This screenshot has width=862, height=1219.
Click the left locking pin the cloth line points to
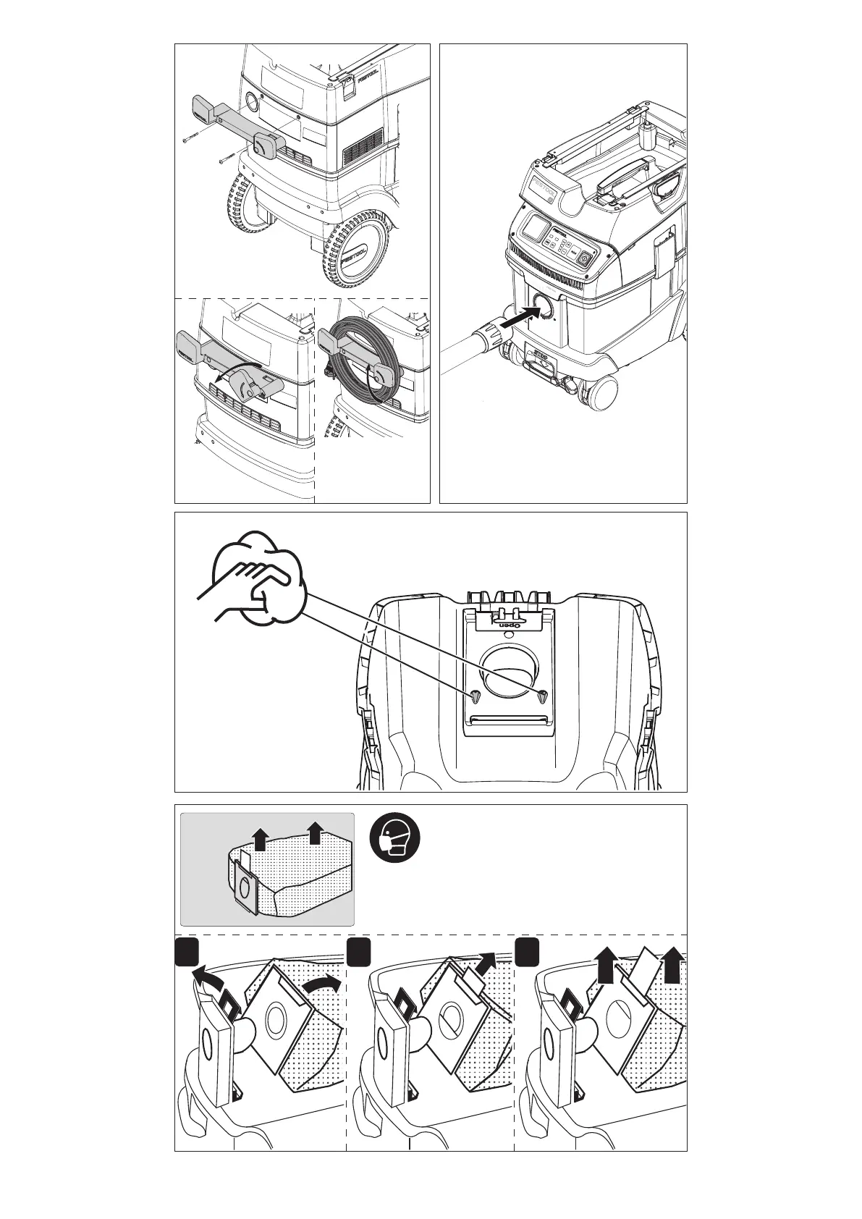click(474, 696)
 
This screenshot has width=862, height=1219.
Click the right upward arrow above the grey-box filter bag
click(314, 833)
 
